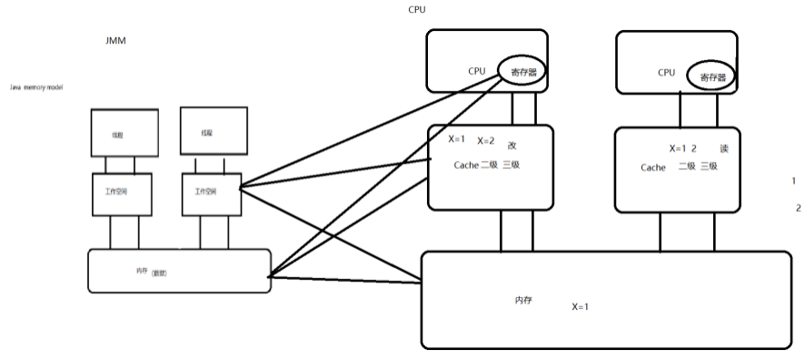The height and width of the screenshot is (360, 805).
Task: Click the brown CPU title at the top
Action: (416, 10)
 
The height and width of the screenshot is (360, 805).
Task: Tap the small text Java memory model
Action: (35, 86)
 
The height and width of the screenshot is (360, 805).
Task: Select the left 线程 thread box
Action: (117, 133)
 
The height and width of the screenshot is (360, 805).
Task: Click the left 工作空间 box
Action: (117, 192)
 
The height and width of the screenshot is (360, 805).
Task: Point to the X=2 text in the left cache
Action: (486, 141)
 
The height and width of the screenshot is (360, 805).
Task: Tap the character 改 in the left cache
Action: (512, 145)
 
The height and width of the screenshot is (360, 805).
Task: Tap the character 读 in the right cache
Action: (724, 148)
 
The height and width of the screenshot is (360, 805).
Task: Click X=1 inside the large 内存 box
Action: (581, 306)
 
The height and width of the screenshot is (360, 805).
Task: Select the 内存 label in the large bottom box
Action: (522, 299)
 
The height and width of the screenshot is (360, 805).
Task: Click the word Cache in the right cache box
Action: (652, 167)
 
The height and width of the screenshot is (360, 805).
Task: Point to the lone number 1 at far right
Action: (794, 181)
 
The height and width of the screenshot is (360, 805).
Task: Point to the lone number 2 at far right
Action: (798, 208)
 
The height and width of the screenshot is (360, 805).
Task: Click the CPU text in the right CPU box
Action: (666, 72)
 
